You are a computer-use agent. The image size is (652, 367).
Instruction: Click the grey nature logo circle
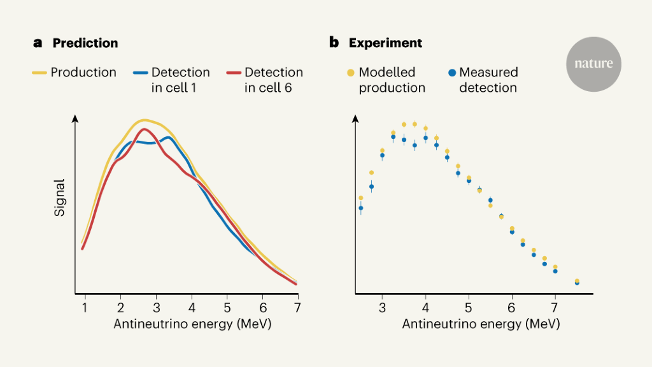tap(593, 64)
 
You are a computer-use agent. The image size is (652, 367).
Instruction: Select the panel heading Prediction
tap(85, 43)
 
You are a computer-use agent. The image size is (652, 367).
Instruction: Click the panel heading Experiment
tap(385, 43)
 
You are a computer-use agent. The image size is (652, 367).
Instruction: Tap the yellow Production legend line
tap(40, 73)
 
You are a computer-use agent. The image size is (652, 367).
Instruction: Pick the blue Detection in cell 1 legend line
tap(141, 73)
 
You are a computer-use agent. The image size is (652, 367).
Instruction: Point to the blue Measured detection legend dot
tap(451, 73)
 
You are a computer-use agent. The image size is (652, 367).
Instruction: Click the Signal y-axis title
tap(60, 198)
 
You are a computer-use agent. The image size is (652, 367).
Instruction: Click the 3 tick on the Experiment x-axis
tap(382, 307)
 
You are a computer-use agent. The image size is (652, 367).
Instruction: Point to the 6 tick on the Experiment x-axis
tap(511, 307)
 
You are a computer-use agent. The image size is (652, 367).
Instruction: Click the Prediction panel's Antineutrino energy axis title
tap(192, 324)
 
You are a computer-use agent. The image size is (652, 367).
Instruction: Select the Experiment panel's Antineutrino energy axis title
tap(481, 324)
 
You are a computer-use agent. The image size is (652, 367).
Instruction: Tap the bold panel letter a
tap(38, 43)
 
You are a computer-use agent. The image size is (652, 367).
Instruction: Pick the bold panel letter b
tap(334, 43)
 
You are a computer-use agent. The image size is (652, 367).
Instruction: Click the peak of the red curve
tap(145, 129)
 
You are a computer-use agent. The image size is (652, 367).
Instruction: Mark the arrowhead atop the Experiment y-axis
tap(355, 119)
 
